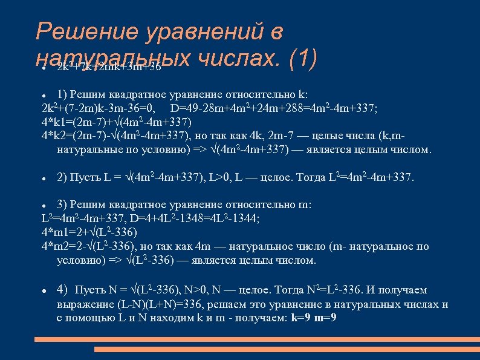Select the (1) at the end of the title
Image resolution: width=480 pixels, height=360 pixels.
tap(303, 59)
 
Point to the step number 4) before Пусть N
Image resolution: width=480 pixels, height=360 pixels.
tap(63, 290)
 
